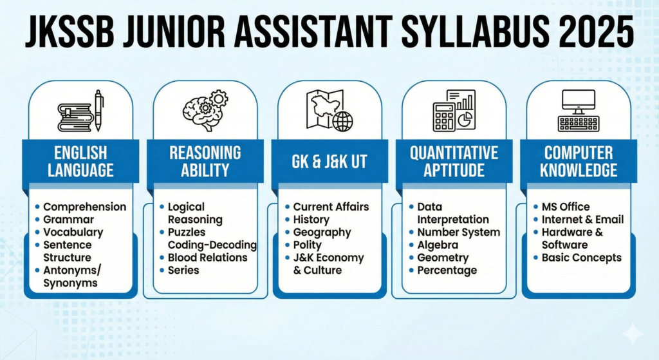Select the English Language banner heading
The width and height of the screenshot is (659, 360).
pos(80,162)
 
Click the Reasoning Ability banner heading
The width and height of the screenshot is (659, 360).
pos(205,162)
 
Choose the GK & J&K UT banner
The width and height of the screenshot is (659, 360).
pos(329,162)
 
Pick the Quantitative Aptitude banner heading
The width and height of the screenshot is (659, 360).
pos(454,162)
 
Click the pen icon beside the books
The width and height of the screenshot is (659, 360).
pos(99,111)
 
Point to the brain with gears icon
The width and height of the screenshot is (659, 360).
pos(205,111)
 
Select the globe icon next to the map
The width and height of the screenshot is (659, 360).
pos(342,121)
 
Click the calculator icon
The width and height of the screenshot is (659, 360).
pos(444,117)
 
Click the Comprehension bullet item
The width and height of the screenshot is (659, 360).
pos(84,207)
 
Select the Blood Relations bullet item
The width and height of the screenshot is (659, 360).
pos(207,258)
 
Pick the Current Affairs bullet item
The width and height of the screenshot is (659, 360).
pos(331,207)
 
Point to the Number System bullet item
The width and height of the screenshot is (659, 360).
pos(458,232)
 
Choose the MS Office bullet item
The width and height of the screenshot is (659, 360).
pos(565,207)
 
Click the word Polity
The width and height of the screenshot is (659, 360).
pos(308,245)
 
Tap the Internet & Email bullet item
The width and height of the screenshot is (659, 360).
pos(582,220)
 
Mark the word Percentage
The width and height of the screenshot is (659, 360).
pos(447,270)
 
